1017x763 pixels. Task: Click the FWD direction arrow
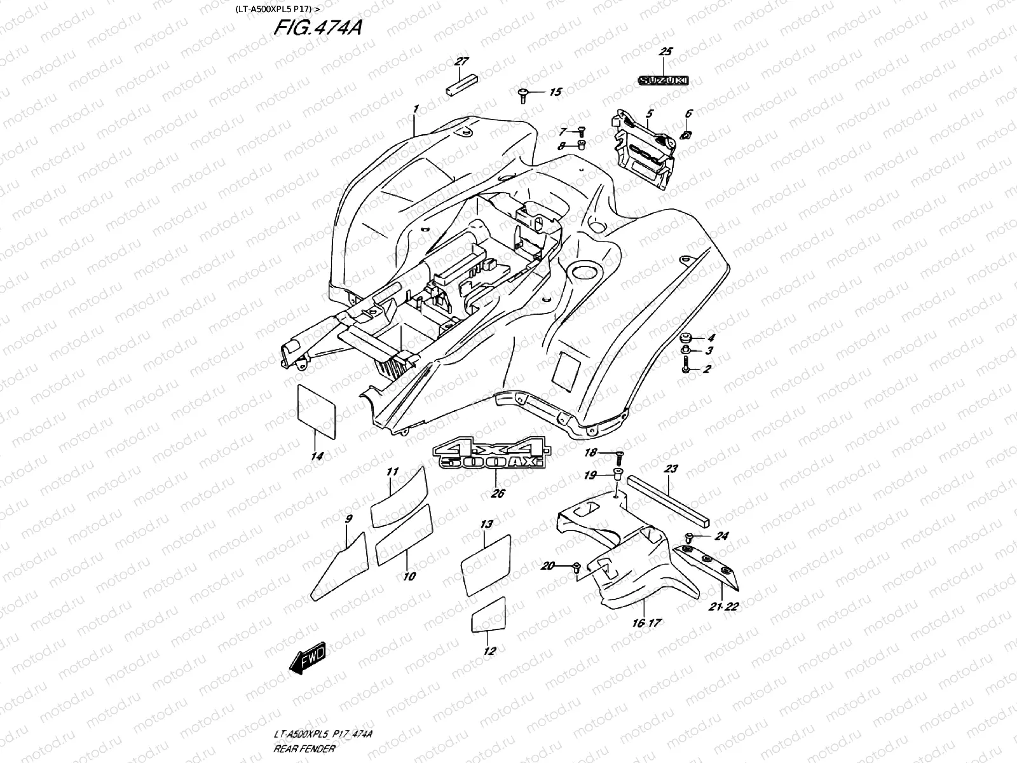307,662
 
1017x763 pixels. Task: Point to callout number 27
461,62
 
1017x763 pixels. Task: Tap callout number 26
498,493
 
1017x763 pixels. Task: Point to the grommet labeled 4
686,338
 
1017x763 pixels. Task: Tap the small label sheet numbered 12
488,614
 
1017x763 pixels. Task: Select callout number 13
486,525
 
